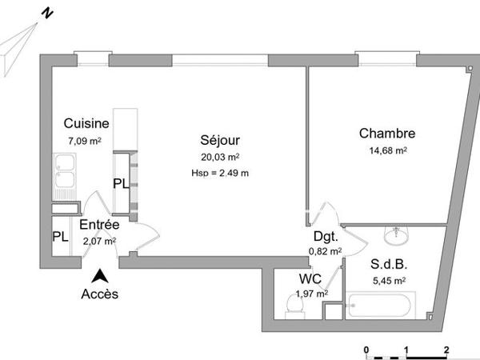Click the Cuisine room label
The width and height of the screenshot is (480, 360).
(87, 125)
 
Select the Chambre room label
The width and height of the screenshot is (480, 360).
(387, 133)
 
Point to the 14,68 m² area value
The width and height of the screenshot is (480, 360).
(388, 150)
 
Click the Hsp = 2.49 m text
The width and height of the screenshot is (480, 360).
(221, 173)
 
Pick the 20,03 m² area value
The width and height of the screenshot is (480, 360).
(221, 158)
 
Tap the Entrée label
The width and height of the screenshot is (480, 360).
(99, 226)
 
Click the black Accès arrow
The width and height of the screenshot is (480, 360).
(100, 277)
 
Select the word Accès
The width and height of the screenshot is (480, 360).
(100, 294)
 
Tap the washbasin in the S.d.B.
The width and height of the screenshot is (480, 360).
(397, 234)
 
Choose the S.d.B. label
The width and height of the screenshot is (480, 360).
(387, 264)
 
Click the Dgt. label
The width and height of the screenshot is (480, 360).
(326, 237)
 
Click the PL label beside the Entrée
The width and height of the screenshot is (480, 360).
(61, 237)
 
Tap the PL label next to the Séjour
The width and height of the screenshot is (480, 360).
(121, 183)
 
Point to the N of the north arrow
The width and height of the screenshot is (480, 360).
(48, 14)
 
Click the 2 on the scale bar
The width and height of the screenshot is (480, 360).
(446, 350)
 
